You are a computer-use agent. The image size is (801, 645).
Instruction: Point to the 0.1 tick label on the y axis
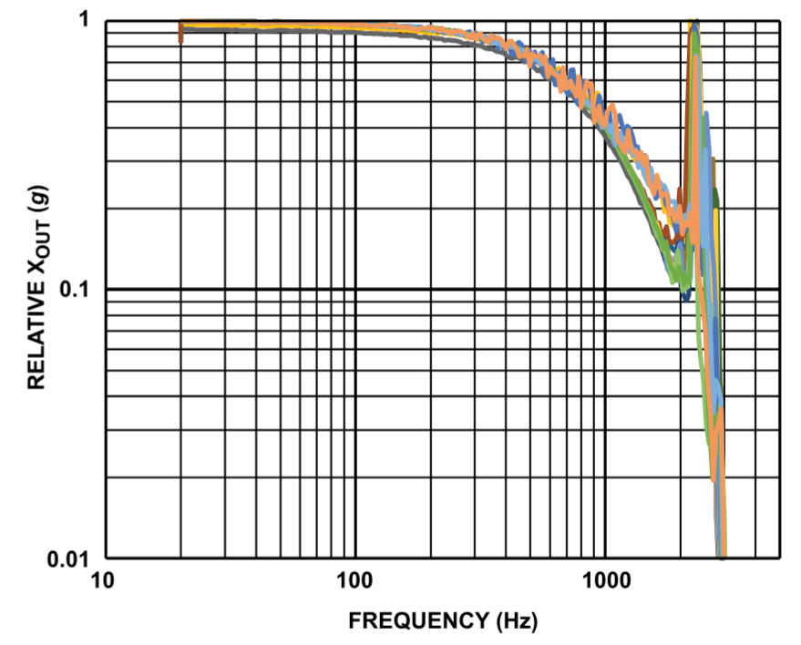click(78, 289)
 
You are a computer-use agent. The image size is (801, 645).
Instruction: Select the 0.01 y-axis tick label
click(73, 558)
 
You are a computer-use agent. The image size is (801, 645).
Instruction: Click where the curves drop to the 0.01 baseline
click(722, 554)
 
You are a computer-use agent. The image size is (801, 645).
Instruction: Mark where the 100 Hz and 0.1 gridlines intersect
click(354, 289)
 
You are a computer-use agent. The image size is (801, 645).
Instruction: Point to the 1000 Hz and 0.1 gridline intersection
click(606, 289)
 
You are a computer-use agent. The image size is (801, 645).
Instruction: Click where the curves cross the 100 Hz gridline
click(354, 25)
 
